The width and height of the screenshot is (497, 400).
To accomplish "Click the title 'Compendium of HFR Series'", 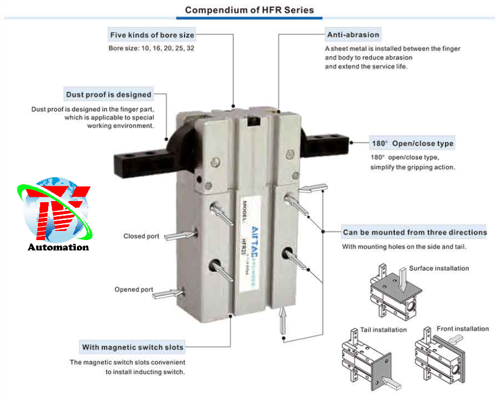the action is (x=250, y=10).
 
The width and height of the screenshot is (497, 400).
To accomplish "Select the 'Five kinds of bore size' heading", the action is (x=152, y=35).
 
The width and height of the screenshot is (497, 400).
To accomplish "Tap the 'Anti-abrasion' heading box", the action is (x=353, y=35).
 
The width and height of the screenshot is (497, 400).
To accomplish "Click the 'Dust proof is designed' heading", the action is (x=108, y=94).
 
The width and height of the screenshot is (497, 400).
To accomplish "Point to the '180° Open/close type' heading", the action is (x=413, y=144).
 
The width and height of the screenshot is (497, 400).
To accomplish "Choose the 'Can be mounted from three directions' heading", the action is (x=415, y=232).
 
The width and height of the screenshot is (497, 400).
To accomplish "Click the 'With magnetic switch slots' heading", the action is (x=133, y=347).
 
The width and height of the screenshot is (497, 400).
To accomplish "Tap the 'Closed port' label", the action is (x=141, y=236).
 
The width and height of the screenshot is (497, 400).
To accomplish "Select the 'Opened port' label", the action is (x=134, y=289).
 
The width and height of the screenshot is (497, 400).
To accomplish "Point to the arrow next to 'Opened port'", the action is (x=168, y=294).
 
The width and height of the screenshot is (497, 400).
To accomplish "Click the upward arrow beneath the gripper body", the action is (x=283, y=320).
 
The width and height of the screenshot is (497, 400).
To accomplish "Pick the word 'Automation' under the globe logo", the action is (x=58, y=247).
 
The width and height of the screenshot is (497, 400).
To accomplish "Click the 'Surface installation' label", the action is (x=439, y=268).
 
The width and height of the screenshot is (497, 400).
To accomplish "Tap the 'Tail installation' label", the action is (x=383, y=330).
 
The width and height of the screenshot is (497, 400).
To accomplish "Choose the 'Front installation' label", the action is (x=463, y=328).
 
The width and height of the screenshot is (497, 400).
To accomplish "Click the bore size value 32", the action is (x=190, y=48).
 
